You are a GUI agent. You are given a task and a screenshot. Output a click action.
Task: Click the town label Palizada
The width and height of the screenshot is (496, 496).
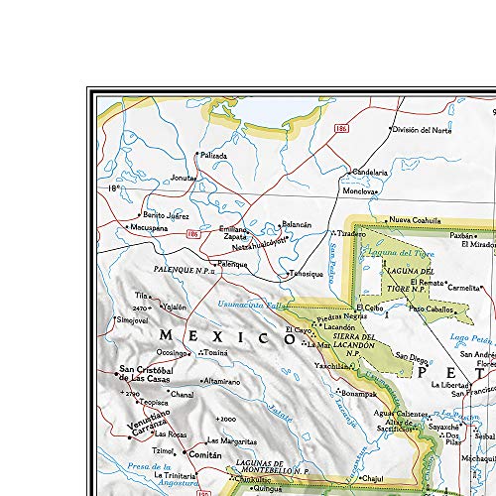(x=213, y=156)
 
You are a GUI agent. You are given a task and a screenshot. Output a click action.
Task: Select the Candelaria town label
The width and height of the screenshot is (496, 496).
(x=370, y=171)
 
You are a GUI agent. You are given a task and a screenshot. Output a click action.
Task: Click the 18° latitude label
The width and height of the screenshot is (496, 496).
(x=114, y=188)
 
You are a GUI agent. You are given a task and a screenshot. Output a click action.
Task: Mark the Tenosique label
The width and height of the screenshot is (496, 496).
(x=307, y=275)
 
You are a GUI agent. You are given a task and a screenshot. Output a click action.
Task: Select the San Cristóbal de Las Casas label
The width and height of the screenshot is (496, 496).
(x=151, y=374)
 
